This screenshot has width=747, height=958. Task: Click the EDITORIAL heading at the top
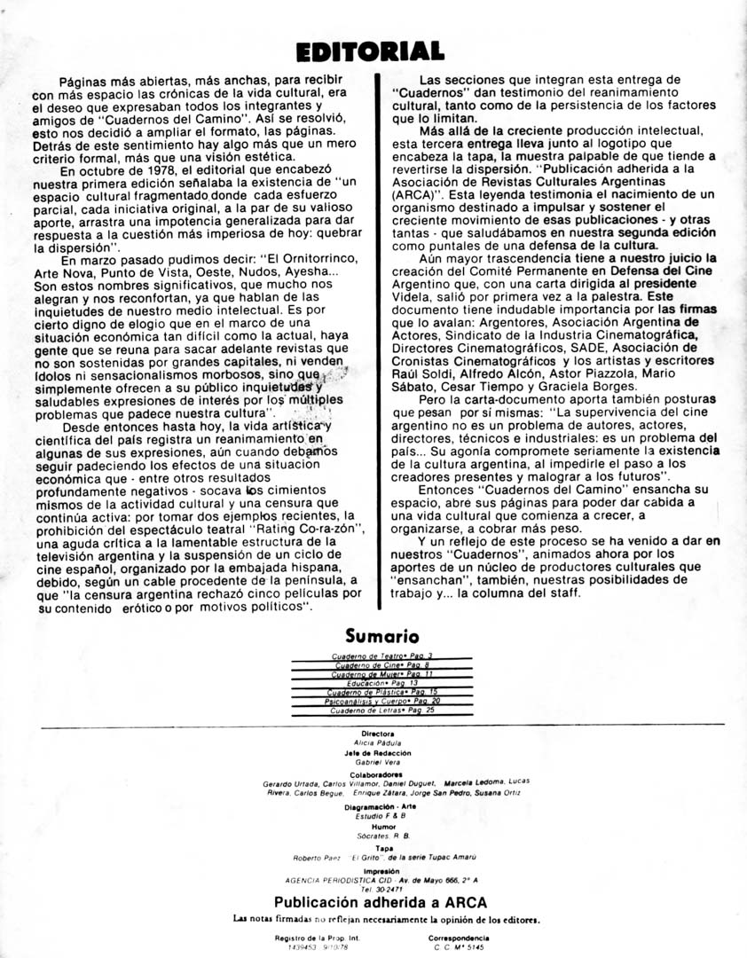[371, 51]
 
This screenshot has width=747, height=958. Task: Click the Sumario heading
[382, 635]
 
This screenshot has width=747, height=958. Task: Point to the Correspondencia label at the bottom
[459, 937]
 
